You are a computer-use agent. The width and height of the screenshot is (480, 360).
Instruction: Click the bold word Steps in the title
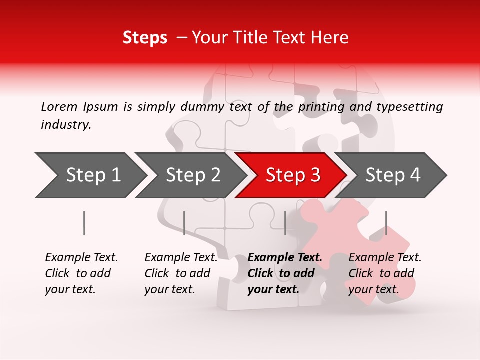pos(145,38)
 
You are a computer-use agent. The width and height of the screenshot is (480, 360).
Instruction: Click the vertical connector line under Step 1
pos(84,223)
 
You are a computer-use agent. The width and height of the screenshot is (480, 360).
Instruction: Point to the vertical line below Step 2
pos(184,223)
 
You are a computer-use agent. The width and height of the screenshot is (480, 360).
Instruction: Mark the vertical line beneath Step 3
pos(285,223)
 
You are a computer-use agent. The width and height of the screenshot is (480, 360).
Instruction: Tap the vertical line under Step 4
pos(386,223)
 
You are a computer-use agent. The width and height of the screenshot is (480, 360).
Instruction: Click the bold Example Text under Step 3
pos(285,273)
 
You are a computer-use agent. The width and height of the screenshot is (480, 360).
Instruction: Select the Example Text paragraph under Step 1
pos(81,273)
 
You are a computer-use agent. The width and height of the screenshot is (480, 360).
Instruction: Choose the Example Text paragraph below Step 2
pos(181,273)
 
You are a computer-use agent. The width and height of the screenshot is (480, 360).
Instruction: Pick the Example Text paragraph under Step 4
pos(385,273)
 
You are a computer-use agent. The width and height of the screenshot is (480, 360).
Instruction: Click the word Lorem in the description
pos(59,107)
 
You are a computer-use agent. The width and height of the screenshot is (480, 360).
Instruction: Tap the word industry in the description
pos(66,125)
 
